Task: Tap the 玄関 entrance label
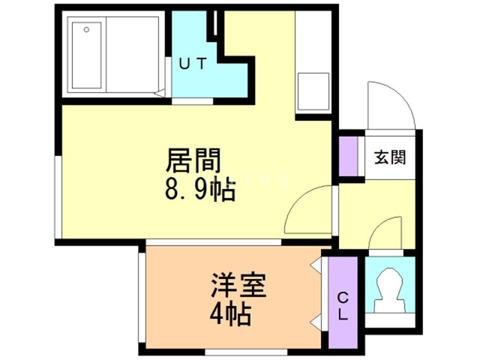[390, 157]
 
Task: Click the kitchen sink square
[313, 92]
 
